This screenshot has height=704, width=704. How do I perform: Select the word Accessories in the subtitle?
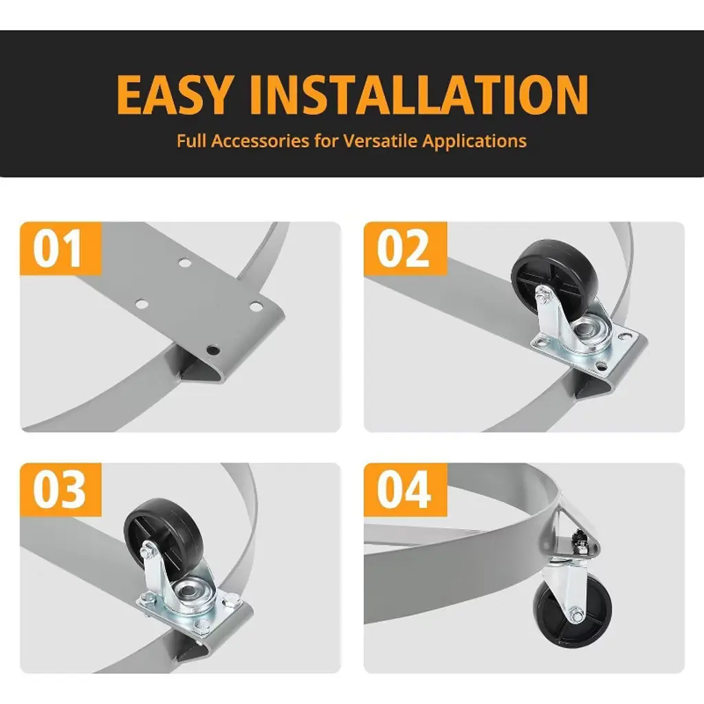click(x=261, y=141)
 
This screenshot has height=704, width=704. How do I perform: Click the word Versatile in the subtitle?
click(x=381, y=141)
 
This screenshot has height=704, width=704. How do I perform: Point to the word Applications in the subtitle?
click(x=474, y=142)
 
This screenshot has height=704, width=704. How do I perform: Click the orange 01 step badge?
click(x=60, y=248)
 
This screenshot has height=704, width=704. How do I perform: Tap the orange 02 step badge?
click(x=405, y=248)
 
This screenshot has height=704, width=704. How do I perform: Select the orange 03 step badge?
click(x=60, y=489)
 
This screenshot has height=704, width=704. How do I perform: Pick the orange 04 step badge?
click(x=405, y=489)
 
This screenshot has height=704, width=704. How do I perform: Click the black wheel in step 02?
click(x=554, y=274)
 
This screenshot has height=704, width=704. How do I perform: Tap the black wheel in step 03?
click(x=162, y=536)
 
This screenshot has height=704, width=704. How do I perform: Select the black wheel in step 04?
click(x=573, y=611)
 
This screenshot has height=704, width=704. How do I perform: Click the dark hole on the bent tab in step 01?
click(x=213, y=349)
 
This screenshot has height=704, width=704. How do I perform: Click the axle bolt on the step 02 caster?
click(x=543, y=294)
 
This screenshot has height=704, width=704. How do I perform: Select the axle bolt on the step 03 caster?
click(x=147, y=551)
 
